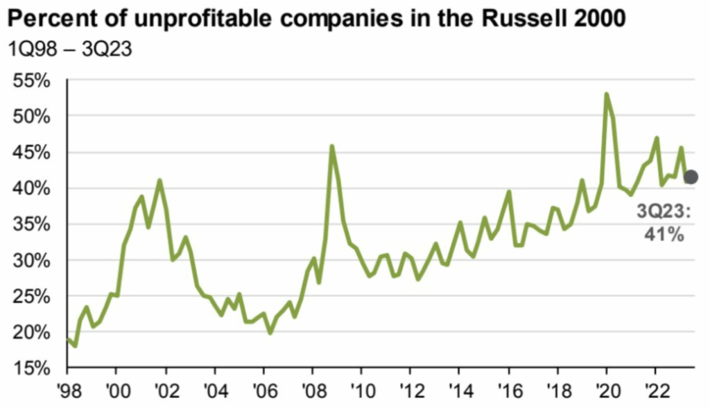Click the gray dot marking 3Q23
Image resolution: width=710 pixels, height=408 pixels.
coord(690,177)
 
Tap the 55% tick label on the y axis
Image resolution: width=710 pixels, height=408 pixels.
coord(31,80)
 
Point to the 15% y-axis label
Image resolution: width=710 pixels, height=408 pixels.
coord(31,368)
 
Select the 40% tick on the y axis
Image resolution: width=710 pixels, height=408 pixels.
coord(31,189)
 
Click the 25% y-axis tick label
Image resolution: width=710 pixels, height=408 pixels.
coord(31,296)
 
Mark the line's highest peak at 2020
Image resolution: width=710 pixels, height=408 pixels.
coord(607,94)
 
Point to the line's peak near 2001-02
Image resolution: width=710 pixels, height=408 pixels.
coord(160,180)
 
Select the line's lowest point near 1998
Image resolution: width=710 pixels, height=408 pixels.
coord(75,346)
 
